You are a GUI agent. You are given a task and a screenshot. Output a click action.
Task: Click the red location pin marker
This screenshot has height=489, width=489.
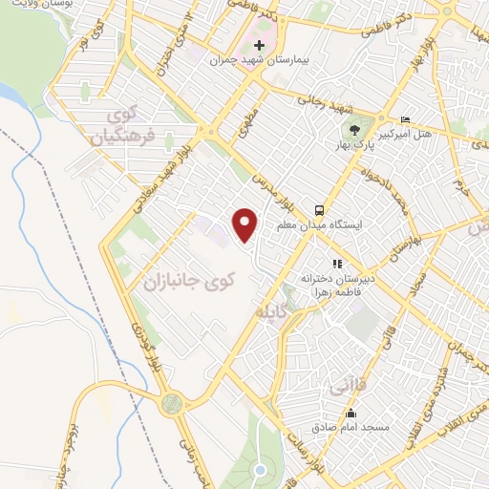pyautogui.click(x=245, y=224)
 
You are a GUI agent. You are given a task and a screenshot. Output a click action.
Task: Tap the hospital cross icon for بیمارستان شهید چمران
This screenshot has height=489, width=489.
pyautogui.click(x=258, y=45)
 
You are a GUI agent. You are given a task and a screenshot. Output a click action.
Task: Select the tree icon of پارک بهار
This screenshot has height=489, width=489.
pyautogui.click(x=355, y=130)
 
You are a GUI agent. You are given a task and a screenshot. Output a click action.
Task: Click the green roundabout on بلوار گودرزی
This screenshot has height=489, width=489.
pyautogui.click(x=172, y=402)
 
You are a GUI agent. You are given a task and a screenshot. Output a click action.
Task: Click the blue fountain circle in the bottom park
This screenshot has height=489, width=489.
pyautogui.click(x=260, y=470)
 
